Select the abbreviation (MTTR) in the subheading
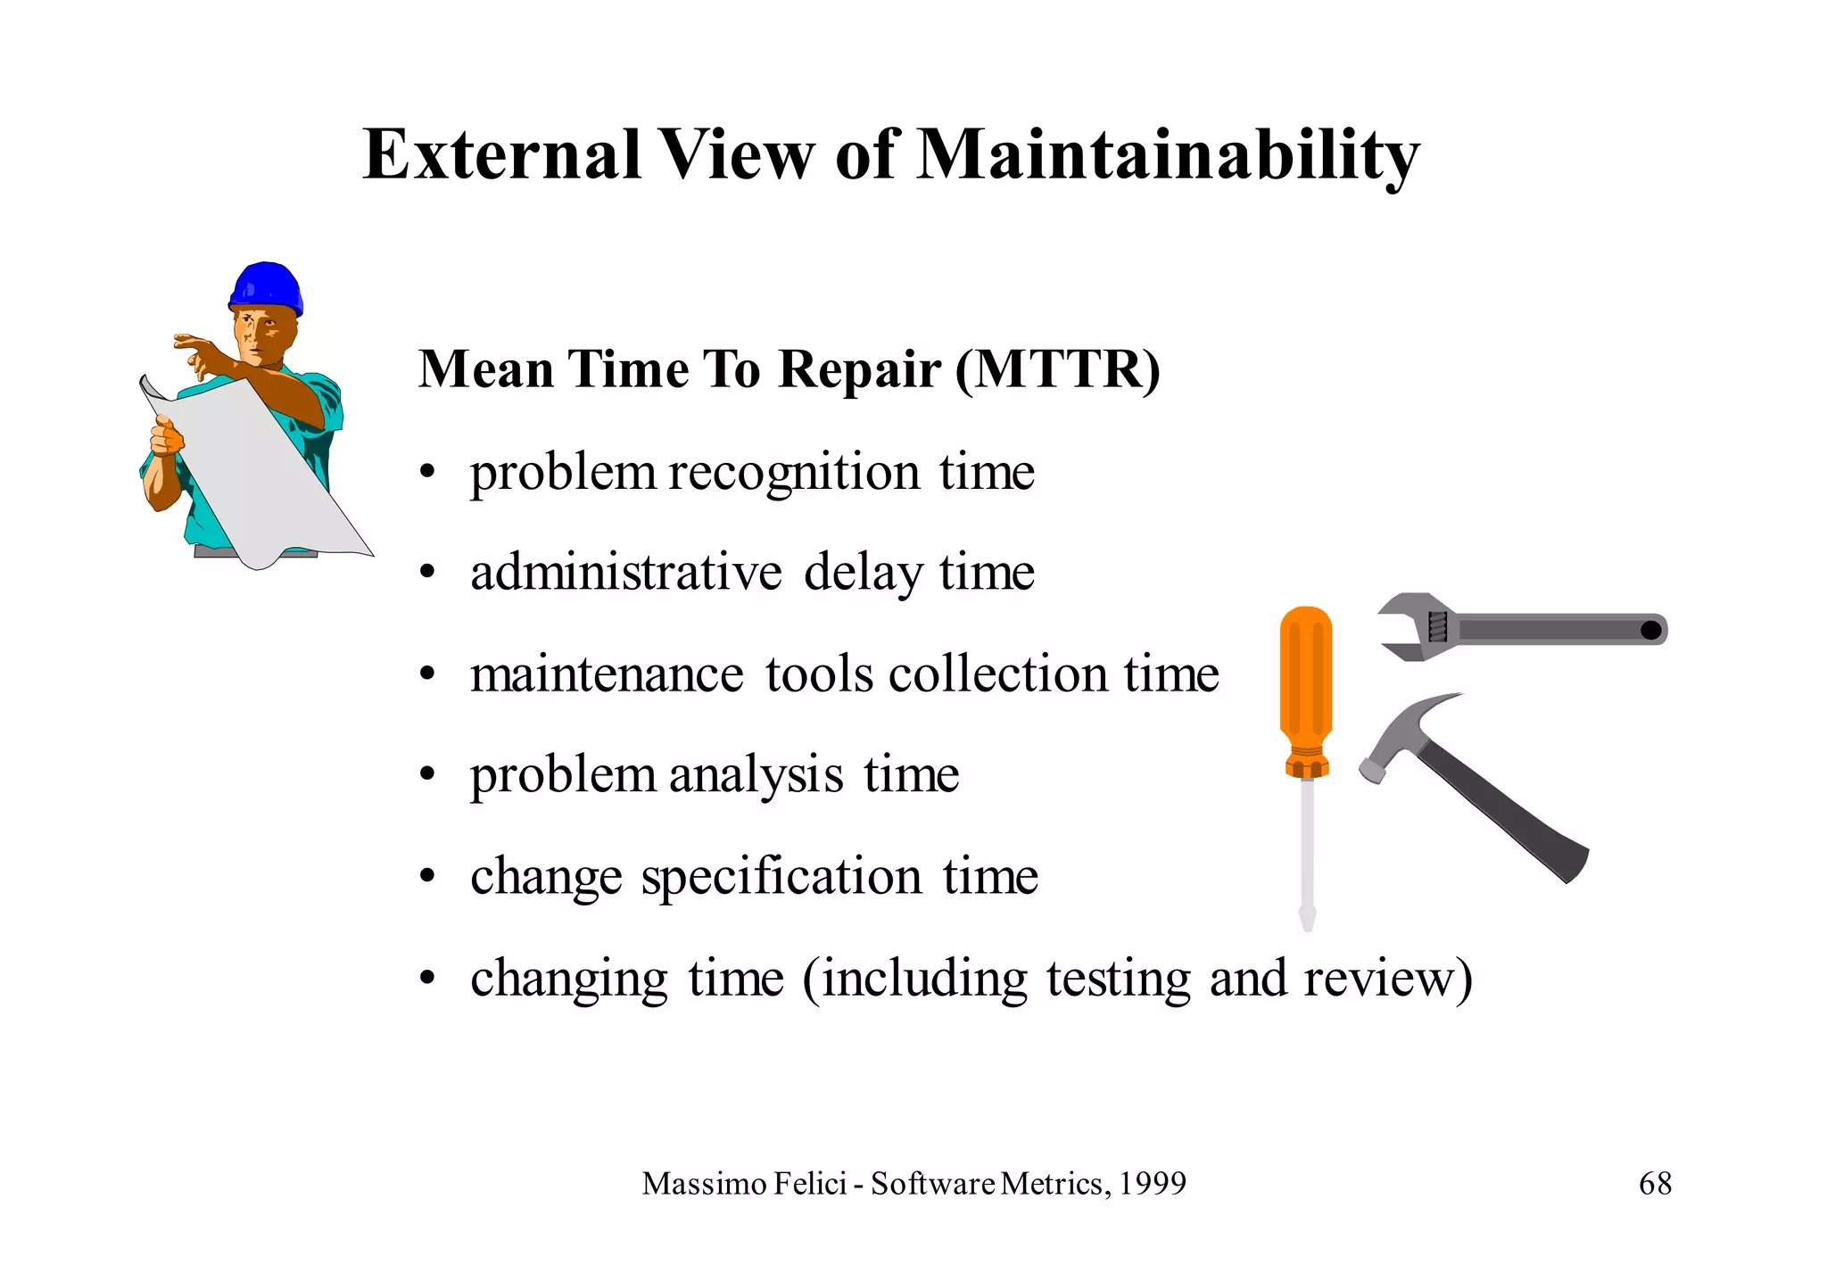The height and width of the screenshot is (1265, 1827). [1057, 369]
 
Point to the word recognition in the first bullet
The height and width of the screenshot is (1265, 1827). [793, 473]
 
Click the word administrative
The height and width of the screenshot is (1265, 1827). [625, 573]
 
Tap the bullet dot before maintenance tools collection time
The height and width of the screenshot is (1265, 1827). [428, 674]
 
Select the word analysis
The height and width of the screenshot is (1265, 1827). [755, 774]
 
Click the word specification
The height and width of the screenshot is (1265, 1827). [781, 877]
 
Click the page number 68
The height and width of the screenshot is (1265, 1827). [1655, 1184]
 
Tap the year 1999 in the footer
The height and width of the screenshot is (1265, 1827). [1153, 1184]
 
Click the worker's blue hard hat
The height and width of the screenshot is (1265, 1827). [266, 287]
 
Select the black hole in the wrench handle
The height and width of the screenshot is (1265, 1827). [1650, 631]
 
